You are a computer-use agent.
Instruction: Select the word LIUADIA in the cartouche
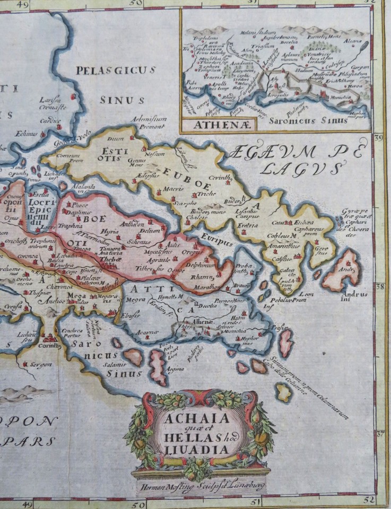tap(202, 450)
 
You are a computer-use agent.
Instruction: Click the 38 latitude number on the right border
tap(380, 286)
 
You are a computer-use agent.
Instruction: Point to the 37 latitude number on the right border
tap(380, 433)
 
